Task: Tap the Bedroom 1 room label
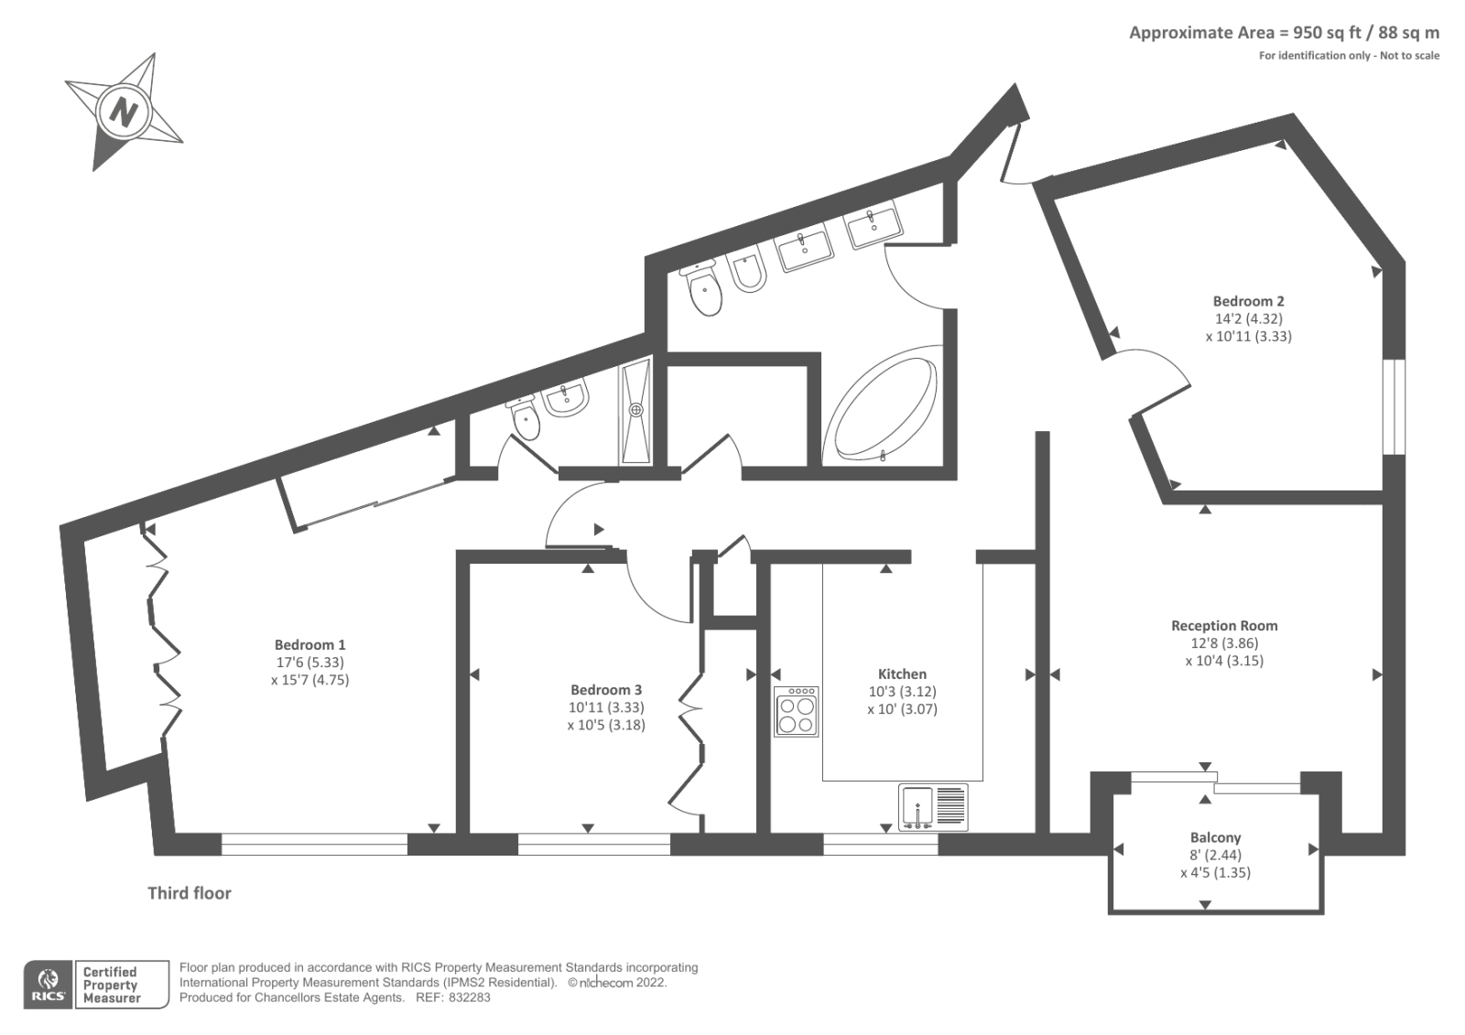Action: pyautogui.click(x=309, y=645)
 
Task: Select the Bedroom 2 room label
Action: pyautogui.click(x=1248, y=301)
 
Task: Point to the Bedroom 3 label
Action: pyautogui.click(x=605, y=690)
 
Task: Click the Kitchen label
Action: pyautogui.click(x=902, y=674)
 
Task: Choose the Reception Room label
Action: pyautogui.click(x=1224, y=626)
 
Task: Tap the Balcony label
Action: pyautogui.click(x=1215, y=837)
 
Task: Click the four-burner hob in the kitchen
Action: pyautogui.click(x=796, y=712)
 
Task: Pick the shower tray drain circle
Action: pyautogui.click(x=636, y=410)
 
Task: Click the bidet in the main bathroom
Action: pyautogui.click(x=748, y=272)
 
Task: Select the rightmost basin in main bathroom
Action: pyautogui.click(x=871, y=226)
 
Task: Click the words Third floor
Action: pyautogui.click(x=190, y=893)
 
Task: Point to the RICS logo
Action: pyautogui.click(x=47, y=985)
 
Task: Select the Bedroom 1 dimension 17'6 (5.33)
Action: pyautogui.click(x=309, y=663)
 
